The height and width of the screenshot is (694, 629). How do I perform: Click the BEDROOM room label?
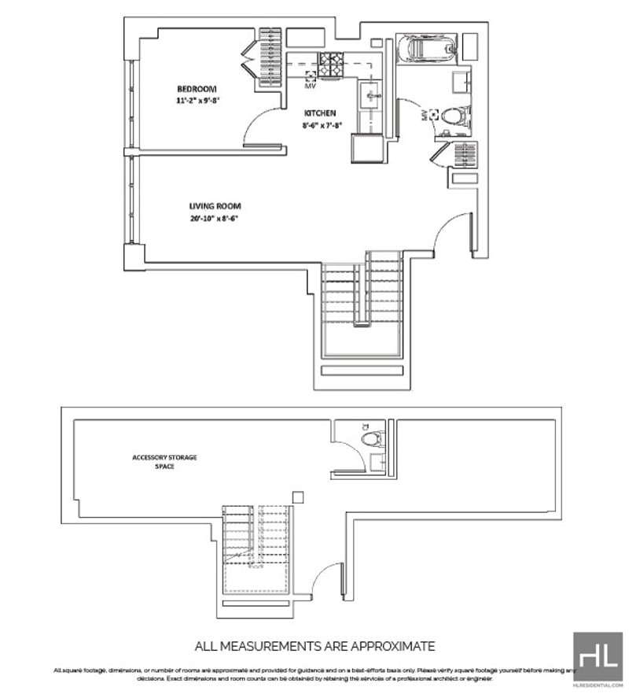[197, 89]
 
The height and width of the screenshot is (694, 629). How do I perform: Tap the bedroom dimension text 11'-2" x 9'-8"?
[197, 101]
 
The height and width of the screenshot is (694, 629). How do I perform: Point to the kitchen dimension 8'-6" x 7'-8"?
[321, 124]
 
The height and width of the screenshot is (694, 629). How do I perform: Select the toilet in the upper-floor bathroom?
[454, 116]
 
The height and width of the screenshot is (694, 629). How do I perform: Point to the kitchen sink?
[371, 97]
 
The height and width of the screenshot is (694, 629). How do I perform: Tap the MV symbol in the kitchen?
[310, 76]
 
